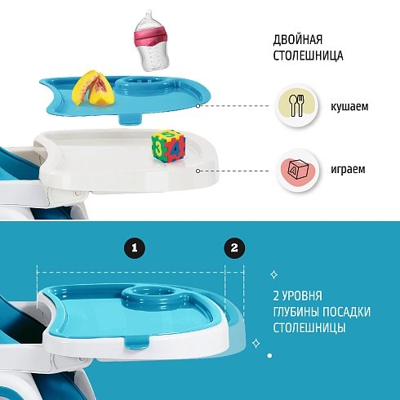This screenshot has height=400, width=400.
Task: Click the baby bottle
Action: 151,41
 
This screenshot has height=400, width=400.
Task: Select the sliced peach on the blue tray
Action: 93,88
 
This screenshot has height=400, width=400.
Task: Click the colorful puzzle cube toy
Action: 168,146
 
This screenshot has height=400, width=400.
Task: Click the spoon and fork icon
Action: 296,105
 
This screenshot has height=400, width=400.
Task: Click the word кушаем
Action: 349,106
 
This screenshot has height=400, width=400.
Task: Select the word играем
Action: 348,169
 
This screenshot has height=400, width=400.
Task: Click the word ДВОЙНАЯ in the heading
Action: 298,40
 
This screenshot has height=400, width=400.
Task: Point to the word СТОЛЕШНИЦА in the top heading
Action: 308,56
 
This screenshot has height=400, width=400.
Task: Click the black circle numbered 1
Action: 135,248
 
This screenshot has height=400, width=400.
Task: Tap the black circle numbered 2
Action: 234,248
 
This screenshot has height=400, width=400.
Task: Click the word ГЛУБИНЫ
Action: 299,312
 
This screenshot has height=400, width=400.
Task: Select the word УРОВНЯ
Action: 301,296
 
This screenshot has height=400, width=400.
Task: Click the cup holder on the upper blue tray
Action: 144,85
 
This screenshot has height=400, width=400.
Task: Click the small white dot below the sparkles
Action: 269,355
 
